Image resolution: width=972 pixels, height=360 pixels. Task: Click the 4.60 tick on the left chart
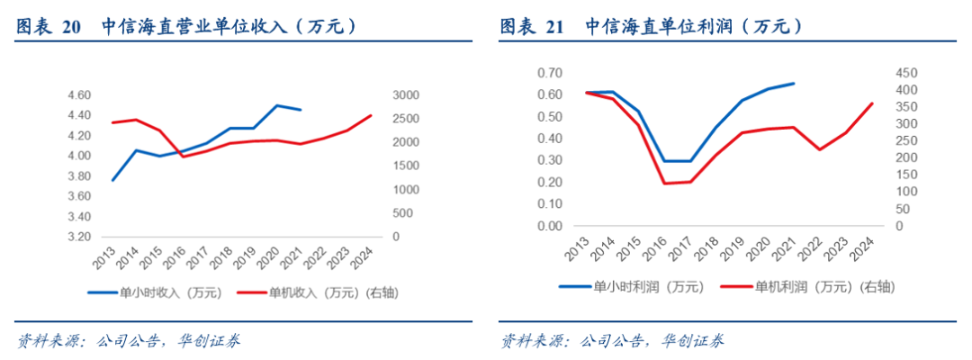(79, 94)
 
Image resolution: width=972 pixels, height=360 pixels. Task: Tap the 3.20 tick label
(79, 237)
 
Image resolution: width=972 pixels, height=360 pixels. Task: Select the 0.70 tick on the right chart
(550, 72)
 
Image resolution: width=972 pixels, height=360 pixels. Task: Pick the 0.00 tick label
(550, 226)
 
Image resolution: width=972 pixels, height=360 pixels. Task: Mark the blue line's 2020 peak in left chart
(276, 105)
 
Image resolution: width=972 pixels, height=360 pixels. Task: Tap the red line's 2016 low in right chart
(664, 184)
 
